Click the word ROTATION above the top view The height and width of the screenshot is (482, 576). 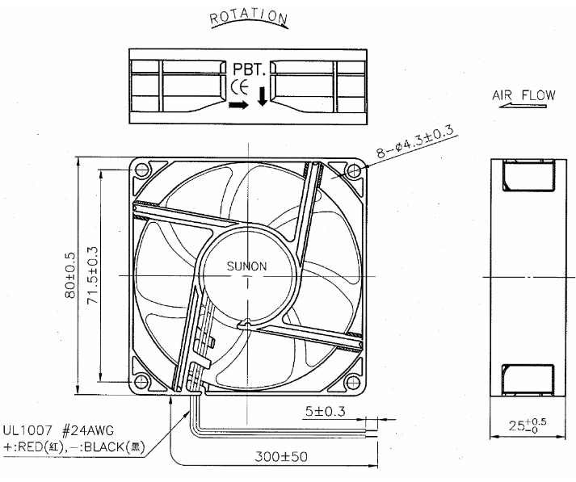(x=248, y=17)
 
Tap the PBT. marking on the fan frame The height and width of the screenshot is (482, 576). (x=249, y=69)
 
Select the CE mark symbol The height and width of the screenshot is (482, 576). (x=240, y=87)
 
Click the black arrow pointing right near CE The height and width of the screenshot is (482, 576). (x=238, y=105)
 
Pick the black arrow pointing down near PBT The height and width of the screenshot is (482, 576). (x=262, y=96)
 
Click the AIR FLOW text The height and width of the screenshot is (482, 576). (x=523, y=95)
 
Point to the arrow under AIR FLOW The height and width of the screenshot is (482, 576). (x=523, y=106)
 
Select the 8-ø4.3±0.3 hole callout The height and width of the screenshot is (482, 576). (x=415, y=142)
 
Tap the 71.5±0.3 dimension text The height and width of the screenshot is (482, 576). (x=92, y=275)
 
